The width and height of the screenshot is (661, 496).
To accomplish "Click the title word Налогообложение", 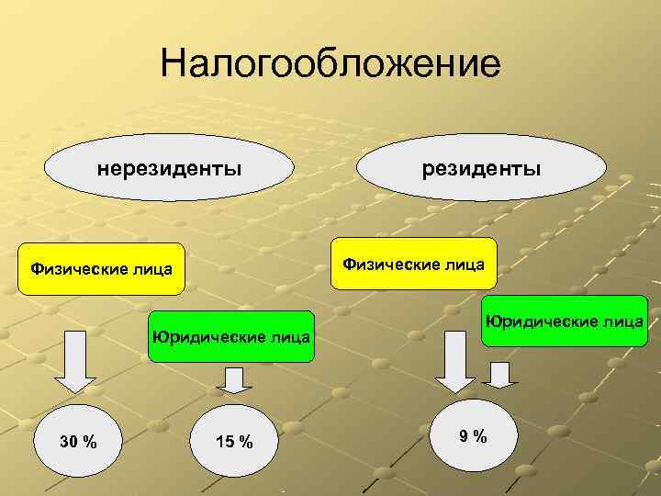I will coord(330,65).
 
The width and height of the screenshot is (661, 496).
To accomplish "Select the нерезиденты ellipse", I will coord(170,169).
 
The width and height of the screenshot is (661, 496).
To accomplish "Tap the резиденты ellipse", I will coord(481,169).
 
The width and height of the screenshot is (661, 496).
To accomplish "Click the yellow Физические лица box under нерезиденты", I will coord(101,269).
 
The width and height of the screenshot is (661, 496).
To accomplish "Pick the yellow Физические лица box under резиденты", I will coord(413,265).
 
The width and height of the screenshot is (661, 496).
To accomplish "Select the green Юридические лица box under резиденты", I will coord(564,321).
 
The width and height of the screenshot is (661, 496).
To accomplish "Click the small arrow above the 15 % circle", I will coord(234,379).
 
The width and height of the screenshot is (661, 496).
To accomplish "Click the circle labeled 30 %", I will coord(77,443).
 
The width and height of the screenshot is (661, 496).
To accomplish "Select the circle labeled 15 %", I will coord(234,443).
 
